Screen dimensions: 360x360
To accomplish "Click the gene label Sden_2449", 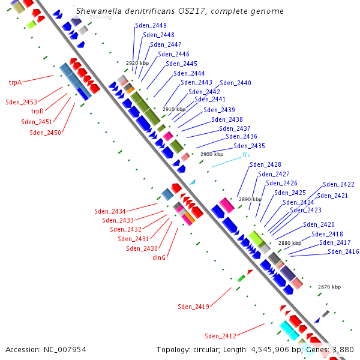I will coord(151,25).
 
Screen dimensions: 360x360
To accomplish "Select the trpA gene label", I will coord(15,82).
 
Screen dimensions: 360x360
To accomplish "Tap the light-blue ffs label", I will coord(245,155).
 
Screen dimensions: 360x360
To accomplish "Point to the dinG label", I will coord(159,257).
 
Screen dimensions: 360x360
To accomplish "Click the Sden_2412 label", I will coord(220,336).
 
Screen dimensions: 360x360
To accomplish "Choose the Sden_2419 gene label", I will coord(193,307).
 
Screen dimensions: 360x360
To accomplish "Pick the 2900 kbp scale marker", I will coord(211,154).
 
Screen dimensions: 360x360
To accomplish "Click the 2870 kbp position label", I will coord(329,287).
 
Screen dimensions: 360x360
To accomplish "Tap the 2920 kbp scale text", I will coord(137,63).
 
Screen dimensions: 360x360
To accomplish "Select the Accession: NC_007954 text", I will coord(46,349).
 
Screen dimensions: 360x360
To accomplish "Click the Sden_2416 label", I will coord(343,251).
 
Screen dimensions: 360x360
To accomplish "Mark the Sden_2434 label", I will coord(110,211).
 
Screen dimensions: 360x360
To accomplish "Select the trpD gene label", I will coord(37,111).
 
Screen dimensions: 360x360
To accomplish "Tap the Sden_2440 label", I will coord(235,83).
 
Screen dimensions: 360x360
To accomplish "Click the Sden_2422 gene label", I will coord(338,184).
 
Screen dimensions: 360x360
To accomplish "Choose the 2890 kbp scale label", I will coord(250,199).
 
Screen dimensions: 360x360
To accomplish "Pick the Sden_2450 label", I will coord(45,133).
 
